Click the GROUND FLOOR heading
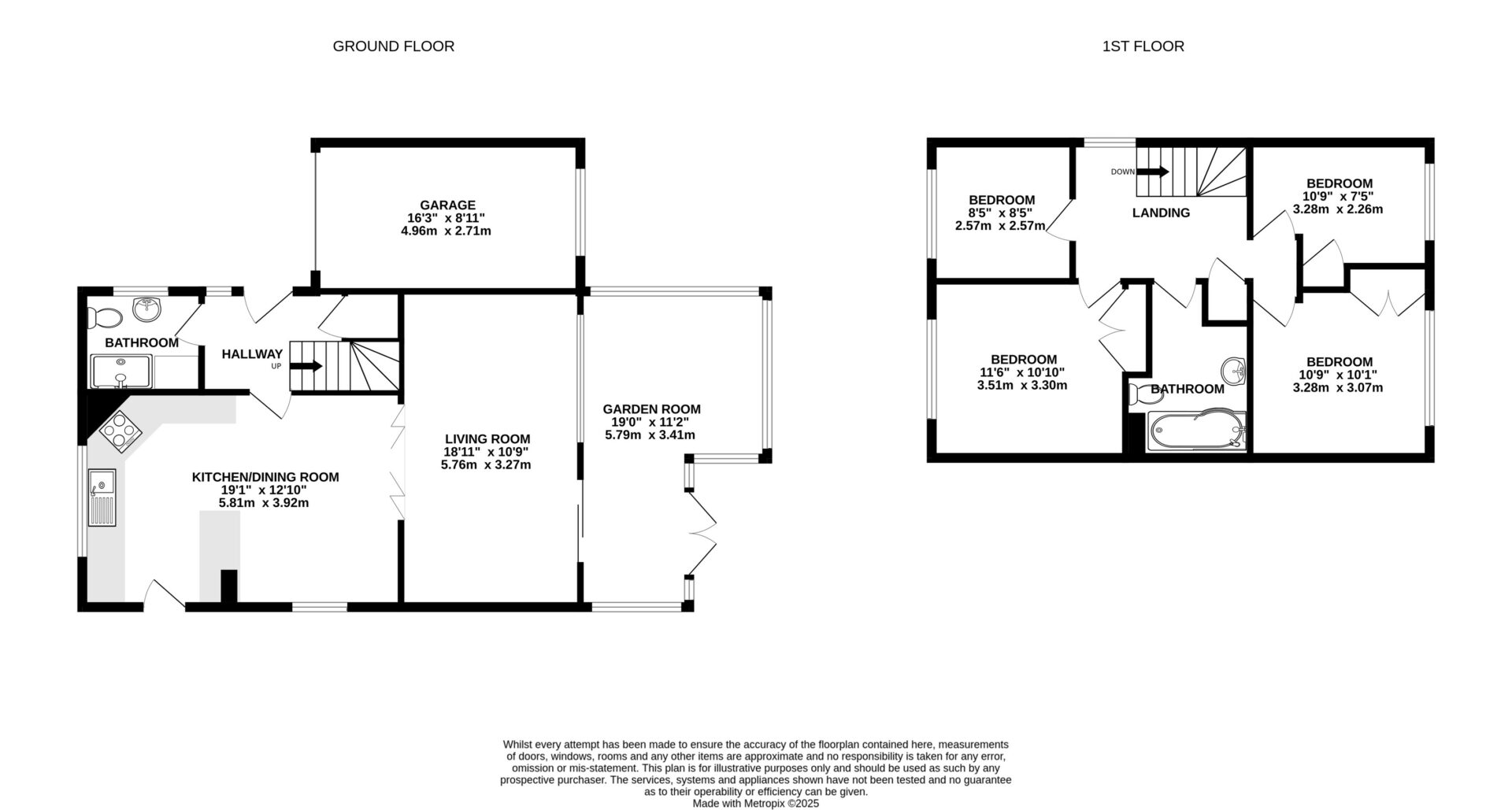pyautogui.click(x=393, y=46)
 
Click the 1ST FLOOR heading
pyautogui.click(x=1143, y=46)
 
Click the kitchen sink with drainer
pyautogui.click(x=102, y=497)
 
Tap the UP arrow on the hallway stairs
pyautogui.click(x=307, y=366)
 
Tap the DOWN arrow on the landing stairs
pyautogui.click(x=1153, y=172)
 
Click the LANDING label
pyautogui.click(x=1161, y=213)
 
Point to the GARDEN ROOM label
pyautogui.click(x=651, y=409)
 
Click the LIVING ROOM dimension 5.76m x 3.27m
pyautogui.click(x=486, y=465)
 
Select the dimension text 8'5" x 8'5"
pyautogui.click(x=1000, y=213)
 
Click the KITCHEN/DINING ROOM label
pyautogui.click(x=265, y=477)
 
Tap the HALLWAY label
pyautogui.click(x=252, y=354)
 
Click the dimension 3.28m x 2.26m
pyautogui.click(x=1337, y=209)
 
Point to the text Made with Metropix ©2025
pyautogui.click(x=756, y=804)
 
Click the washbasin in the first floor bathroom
pyautogui.click(x=1232, y=369)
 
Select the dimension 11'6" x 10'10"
pyautogui.click(x=1022, y=372)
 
